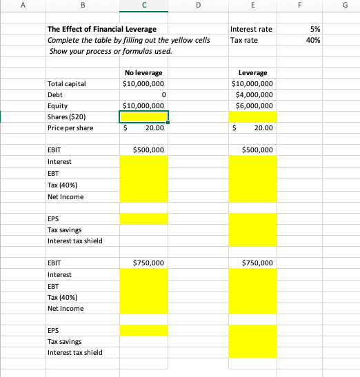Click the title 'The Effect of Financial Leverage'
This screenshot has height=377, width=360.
click(101, 29)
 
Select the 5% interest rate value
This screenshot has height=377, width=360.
click(314, 29)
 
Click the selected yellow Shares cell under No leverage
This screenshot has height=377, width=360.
click(144, 116)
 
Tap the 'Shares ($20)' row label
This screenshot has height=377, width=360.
click(66, 116)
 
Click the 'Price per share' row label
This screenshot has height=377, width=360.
click(70, 128)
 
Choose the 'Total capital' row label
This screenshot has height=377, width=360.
click(66, 83)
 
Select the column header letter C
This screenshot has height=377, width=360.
click(144, 6)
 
